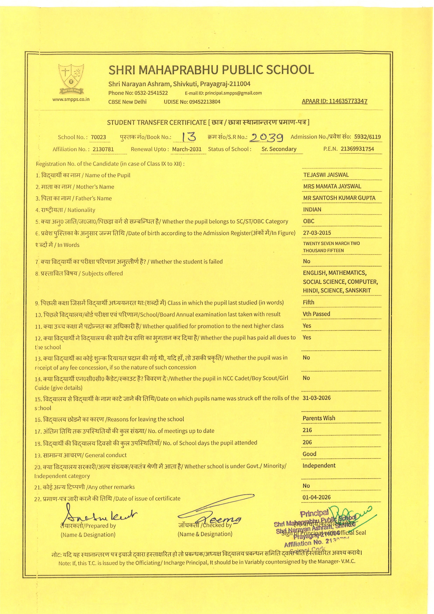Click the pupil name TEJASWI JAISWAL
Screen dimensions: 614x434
[x=326, y=175]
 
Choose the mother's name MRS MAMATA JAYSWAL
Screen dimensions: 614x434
[x=332, y=186]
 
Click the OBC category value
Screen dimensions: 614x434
[x=309, y=221]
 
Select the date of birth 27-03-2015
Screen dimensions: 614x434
[x=317, y=233]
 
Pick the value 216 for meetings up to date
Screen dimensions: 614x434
[x=307, y=430]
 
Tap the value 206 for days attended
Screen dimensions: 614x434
[x=307, y=442]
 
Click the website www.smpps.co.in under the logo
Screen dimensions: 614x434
[x=71, y=99]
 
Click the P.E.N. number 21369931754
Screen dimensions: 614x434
[x=357, y=149]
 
